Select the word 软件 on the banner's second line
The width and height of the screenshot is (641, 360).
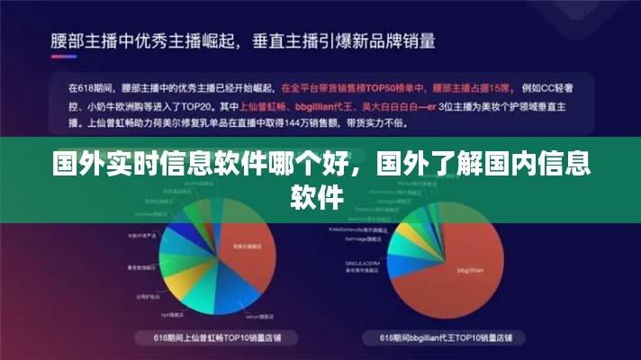320,196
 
